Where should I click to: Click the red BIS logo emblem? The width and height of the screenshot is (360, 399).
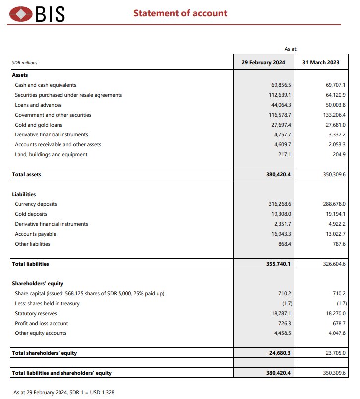pyautogui.click(x=21, y=14)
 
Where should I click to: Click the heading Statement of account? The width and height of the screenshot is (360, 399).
pyautogui.click(x=180, y=13)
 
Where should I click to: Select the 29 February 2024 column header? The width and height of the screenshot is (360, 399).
pyautogui.click(x=263, y=62)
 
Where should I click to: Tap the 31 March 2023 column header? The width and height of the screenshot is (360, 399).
pyautogui.click(x=320, y=62)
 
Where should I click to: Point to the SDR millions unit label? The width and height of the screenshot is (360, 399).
pyautogui.click(x=24, y=63)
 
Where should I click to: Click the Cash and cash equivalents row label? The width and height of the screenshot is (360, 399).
pyautogui.click(x=46, y=85)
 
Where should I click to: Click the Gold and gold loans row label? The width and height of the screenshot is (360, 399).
pyautogui.click(x=39, y=125)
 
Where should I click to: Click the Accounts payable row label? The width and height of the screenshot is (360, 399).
pyautogui.click(x=36, y=234)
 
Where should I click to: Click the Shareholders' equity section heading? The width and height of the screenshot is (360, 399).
pyautogui.click(x=38, y=283)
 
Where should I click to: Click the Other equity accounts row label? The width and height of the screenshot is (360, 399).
pyautogui.click(x=41, y=333)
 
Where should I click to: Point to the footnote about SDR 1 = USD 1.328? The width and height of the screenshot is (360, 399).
pyautogui.click(x=64, y=392)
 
